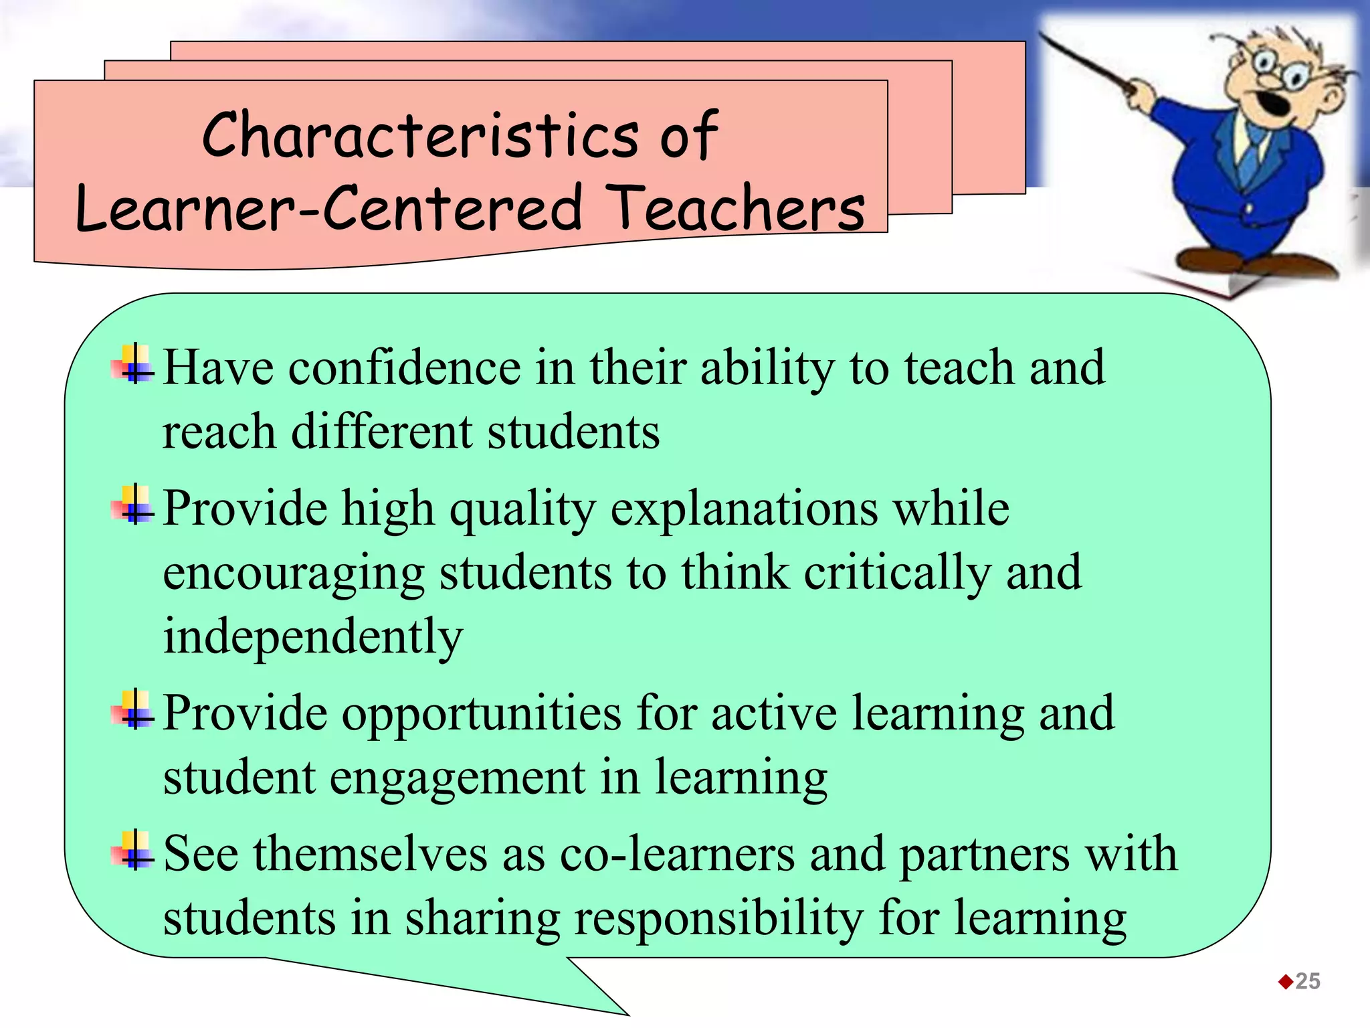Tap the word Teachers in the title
(738, 208)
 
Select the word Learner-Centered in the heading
(329, 208)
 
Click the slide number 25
(1308, 981)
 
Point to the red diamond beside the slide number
(1285, 982)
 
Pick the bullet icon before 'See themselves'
(134, 851)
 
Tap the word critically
(897, 574)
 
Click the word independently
(313, 636)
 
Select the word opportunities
(482, 714)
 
